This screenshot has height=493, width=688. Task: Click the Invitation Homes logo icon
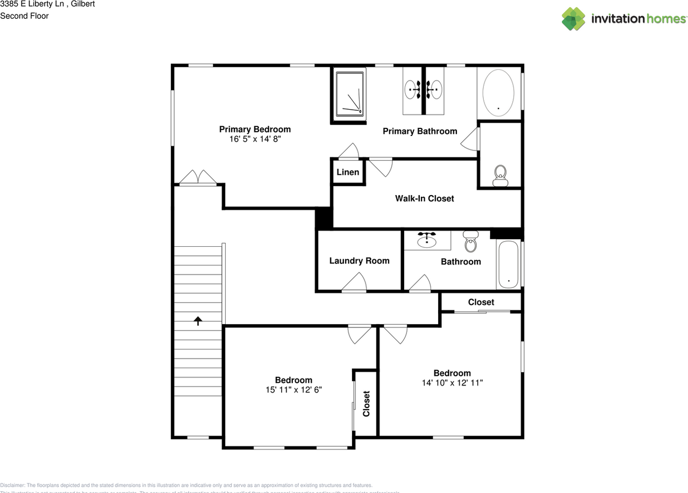point(574,19)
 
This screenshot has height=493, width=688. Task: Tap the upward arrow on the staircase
point(198,321)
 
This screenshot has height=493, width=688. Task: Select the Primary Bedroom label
point(255,129)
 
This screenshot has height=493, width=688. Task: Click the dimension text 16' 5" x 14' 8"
point(255,139)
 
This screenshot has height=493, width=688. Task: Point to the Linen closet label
point(348,172)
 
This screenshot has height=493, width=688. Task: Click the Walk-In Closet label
point(424,198)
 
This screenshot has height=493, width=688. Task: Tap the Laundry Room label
point(359,261)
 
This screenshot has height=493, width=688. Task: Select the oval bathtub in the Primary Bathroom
point(499,92)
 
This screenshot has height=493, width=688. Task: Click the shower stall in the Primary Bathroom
point(349,94)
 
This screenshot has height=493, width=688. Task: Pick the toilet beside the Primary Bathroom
point(500,176)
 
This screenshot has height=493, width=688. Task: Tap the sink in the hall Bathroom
point(427,240)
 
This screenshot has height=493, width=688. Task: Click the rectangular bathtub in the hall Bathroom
point(508,265)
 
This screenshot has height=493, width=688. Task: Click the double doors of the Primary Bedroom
point(198,177)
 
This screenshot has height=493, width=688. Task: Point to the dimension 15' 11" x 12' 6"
point(293,390)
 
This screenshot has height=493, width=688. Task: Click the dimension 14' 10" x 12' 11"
point(452,383)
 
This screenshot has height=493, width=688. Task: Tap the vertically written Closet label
point(366,403)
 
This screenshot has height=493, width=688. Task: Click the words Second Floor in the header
point(24,16)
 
